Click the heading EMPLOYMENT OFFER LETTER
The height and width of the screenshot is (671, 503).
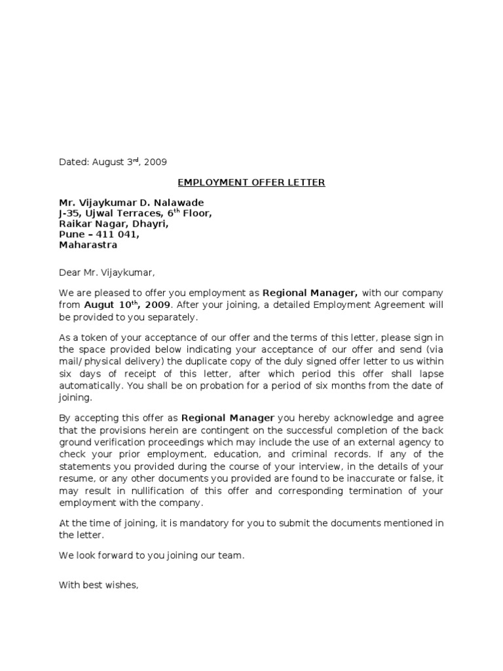click(251, 182)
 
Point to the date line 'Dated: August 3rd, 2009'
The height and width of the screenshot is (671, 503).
click(117, 162)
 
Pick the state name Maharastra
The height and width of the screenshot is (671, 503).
click(88, 245)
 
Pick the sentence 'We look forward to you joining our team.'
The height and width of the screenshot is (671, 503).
click(151, 555)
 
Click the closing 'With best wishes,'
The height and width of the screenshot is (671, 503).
click(99, 585)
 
